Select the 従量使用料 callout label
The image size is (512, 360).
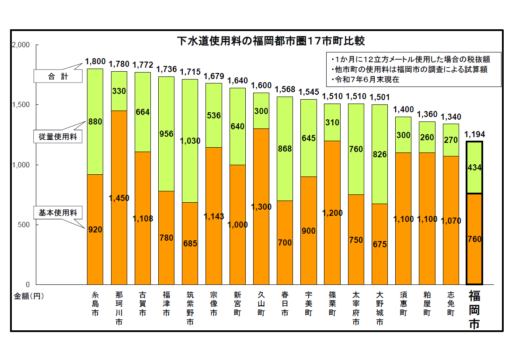pos(58,137)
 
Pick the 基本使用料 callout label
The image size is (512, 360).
pos(58,213)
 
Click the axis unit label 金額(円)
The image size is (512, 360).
pos(29,296)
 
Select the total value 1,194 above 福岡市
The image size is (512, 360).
pos(474,134)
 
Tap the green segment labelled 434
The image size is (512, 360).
pos(474,168)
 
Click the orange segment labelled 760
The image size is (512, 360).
pos(474,239)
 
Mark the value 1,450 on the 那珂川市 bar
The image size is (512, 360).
pos(119,198)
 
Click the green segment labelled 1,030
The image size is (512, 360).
pos(190,141)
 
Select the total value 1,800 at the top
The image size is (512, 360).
pos(95,62)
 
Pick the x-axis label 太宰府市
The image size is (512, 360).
pos(356,308)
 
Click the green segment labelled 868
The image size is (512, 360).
pos(285,149)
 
